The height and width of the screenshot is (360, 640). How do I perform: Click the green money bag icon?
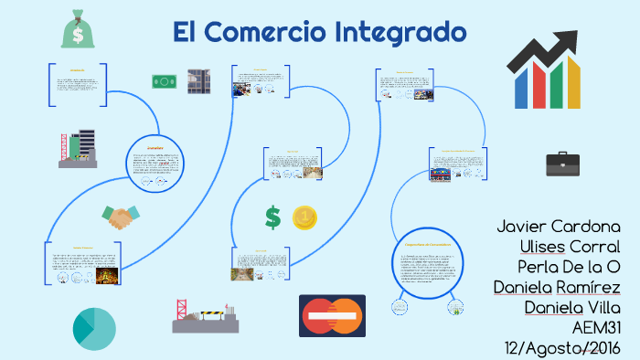tap(76, 30)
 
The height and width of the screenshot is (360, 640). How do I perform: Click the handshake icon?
tap(123, 217)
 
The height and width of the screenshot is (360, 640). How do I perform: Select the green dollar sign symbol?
tap(272, 217)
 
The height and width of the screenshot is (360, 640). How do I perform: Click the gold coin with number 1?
tap(304, 217)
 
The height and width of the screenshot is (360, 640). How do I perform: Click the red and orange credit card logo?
tap(332, 315)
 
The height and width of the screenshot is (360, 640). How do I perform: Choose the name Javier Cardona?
tap(559, 227)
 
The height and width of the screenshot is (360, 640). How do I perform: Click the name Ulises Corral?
tap(569, 247)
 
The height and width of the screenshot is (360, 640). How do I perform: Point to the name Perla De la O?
tap(569, 267)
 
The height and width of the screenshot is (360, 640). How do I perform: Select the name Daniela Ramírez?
tap(557, 287)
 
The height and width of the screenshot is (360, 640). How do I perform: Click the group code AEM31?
tap(595, 327)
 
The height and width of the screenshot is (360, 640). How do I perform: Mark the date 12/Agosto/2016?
tap(561, 347)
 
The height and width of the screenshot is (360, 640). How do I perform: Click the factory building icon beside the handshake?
tap(78, 149)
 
